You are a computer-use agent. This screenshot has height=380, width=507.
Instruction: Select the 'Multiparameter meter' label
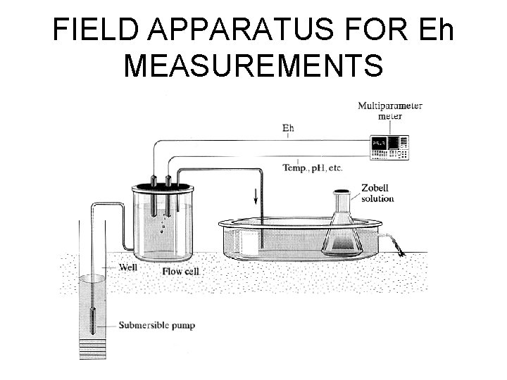pyautogui.click(x=390, y=110)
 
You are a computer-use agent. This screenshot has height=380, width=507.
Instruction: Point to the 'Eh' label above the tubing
pyautogui.click(x=288, y=128)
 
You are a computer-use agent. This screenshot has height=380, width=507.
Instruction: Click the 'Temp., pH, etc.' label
pyautogui.click(x=312, y=168)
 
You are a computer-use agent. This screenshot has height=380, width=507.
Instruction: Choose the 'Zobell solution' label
pyautogui.click(x=377, y=194)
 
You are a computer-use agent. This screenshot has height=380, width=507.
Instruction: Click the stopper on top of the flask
pyautogui.click(x=342, y=191)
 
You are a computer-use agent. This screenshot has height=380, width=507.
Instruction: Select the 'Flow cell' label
pyautogui.click(x=181, y=271)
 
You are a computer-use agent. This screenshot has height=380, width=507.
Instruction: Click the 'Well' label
pyautogui.click(x=127, y=267)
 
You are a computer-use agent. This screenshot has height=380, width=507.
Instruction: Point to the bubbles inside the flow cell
pyautogui.click(x=164, y=224)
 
